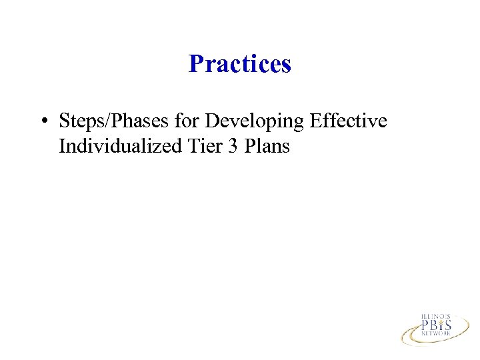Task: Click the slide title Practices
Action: click(240, 64)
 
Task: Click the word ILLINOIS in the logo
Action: click(436, 316)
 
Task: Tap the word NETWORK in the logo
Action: click(436, 336)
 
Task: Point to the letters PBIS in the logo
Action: click(436, 326)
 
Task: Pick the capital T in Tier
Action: click(189, 146)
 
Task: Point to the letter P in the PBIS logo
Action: click(425, 326)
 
